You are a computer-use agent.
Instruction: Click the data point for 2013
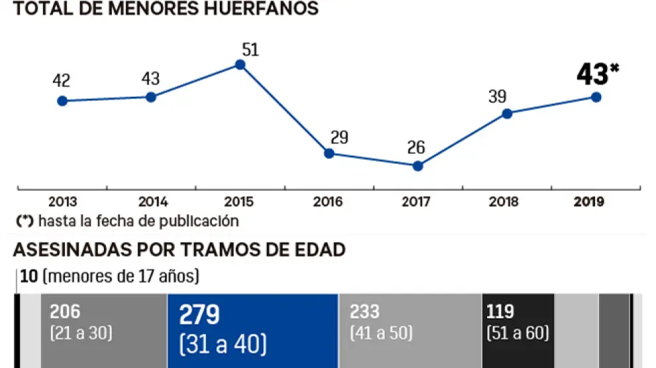click(x=62, y=101)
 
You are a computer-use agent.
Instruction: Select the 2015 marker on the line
click(x=240, y=65)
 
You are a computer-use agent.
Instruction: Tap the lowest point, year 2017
click(x=417, y=166)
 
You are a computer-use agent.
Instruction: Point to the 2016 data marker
click(x=329, y=153)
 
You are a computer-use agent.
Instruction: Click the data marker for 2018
click(x=507, y=113)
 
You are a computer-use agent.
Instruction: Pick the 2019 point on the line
click(x=596, y=97)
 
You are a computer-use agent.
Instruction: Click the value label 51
click(x=250, y=50)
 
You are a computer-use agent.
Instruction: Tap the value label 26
click(x=416, y=147)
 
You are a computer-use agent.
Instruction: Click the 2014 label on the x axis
click(x=152, y=203)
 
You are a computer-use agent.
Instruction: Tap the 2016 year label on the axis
click(x=329, y=203)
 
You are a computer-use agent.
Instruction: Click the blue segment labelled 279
click(x=252, y=330)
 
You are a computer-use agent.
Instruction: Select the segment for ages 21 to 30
click(x=103, y=330)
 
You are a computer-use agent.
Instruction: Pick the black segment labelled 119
click(x=517, y=330)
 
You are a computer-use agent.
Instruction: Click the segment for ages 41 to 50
click(x=410, y=330)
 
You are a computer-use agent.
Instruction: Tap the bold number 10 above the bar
click(x=29, y=275)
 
